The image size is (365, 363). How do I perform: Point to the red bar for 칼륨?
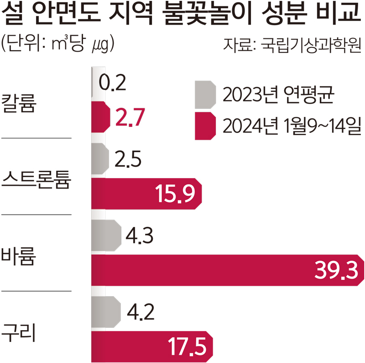[101, 115]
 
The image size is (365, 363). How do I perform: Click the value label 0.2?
[113, 84]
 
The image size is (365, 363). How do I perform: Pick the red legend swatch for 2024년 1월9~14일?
[204, 125]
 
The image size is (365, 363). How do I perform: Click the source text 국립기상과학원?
[311, 45]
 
